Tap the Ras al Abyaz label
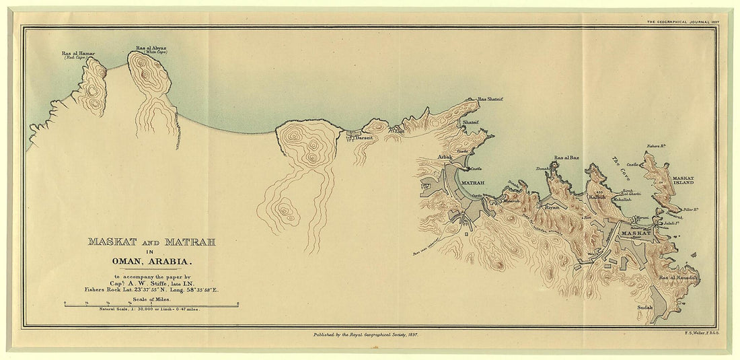pyautogui.click(x=151, y=48)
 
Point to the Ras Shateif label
pyautogui.click(x=490, y=99)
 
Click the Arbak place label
pyautogui.click(x=445, y=157)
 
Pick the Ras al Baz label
pyautogui.click(x=566, y=158)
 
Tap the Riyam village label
pyautogui.click(x=551, y=208)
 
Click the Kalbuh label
pyautogui.click(x=597, y=198)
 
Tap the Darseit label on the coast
pyautogui.click(x=363, y=137)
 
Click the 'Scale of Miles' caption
pyautogui.click(x=151, y=298)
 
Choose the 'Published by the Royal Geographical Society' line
pyautogui.click(x=366, y=333)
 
